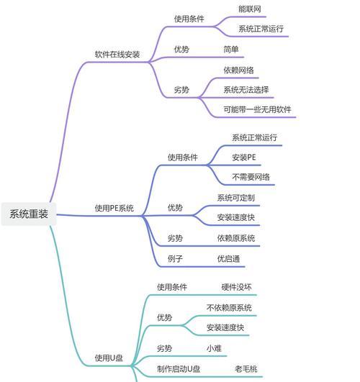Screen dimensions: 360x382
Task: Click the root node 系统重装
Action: click(29, 214)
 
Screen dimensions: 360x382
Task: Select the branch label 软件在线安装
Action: click(117, 55)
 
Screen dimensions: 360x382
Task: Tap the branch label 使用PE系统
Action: click(114, 209)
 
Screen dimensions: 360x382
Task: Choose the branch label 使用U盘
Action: click(109, 358)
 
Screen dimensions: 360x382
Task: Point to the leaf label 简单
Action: click(231, 50)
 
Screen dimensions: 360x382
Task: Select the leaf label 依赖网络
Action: click(238, 71)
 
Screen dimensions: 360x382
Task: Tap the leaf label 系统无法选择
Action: click(246, 90)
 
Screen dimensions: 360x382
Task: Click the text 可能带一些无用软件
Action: click(257, 109)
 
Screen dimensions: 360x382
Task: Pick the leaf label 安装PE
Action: click(244, 158)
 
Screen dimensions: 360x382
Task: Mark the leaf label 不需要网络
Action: click(251, 177)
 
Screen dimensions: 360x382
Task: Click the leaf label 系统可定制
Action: click(236, 198)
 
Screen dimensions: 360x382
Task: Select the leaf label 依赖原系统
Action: click(236, 238)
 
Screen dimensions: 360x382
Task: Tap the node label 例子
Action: click(175, 259)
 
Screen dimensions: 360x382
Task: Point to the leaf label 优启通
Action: click(228, 259)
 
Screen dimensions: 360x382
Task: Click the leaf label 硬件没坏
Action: click(236, 287)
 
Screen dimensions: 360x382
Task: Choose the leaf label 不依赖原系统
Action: click(229, 308)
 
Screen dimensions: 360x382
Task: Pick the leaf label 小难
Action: click(214, 348)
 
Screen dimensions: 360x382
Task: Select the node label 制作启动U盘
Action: click(179, 369)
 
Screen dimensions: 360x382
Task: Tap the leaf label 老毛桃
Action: click(246, 369)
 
